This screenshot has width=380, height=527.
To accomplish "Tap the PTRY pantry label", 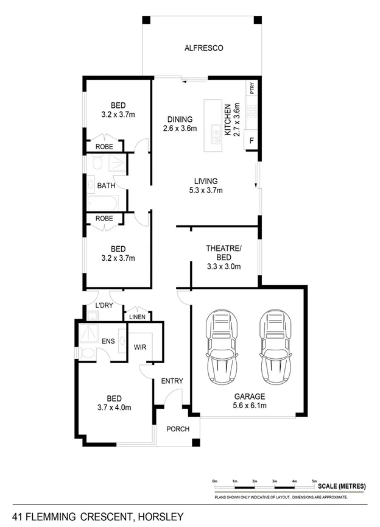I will [x=252, y=88].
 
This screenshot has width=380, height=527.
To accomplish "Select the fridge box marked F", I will [x=252, y=141].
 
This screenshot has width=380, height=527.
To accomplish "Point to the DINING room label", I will [x=180, y=124].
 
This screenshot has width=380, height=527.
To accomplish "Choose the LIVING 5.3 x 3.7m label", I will [x=206, y=185].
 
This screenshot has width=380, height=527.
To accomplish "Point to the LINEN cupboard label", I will [x=136, y=317].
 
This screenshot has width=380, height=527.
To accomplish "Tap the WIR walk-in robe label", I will [x=141, y=346].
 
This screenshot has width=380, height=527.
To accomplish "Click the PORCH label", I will [x=178, y=429].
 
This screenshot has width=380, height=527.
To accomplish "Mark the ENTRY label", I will [x=172, y=381].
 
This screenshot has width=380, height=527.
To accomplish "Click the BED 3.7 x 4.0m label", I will [x=114, y=403].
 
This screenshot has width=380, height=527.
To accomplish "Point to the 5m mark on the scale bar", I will [x=314, y=481].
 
